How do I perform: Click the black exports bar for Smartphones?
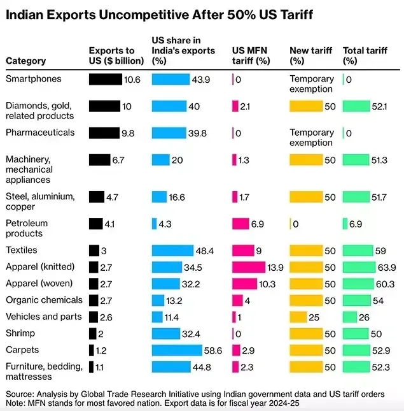pyautogui.click(x=105, y=79)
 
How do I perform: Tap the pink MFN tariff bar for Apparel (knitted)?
pyautogui.click(x=248, y=267)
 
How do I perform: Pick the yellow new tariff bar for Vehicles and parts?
pyautogui.click(x=298, y=317)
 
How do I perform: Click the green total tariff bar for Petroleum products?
pyautogui.click(x=345, y=224)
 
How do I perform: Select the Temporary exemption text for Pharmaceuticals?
pyautogui.click(x=312, y=138)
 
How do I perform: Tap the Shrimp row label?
pyautogui.click(x=20, y=333)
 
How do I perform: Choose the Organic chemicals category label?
pyautogui.click(x=44, y=300)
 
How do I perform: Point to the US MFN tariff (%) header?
pyautogui.click(x=251, y=56)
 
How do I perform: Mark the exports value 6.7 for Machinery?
pyautogui.click(x=118, y=160)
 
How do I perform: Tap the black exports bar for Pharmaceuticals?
pyautogui.click(x=104, y=133)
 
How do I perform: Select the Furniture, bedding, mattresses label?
pyautogui.click(x=44, y=366)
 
